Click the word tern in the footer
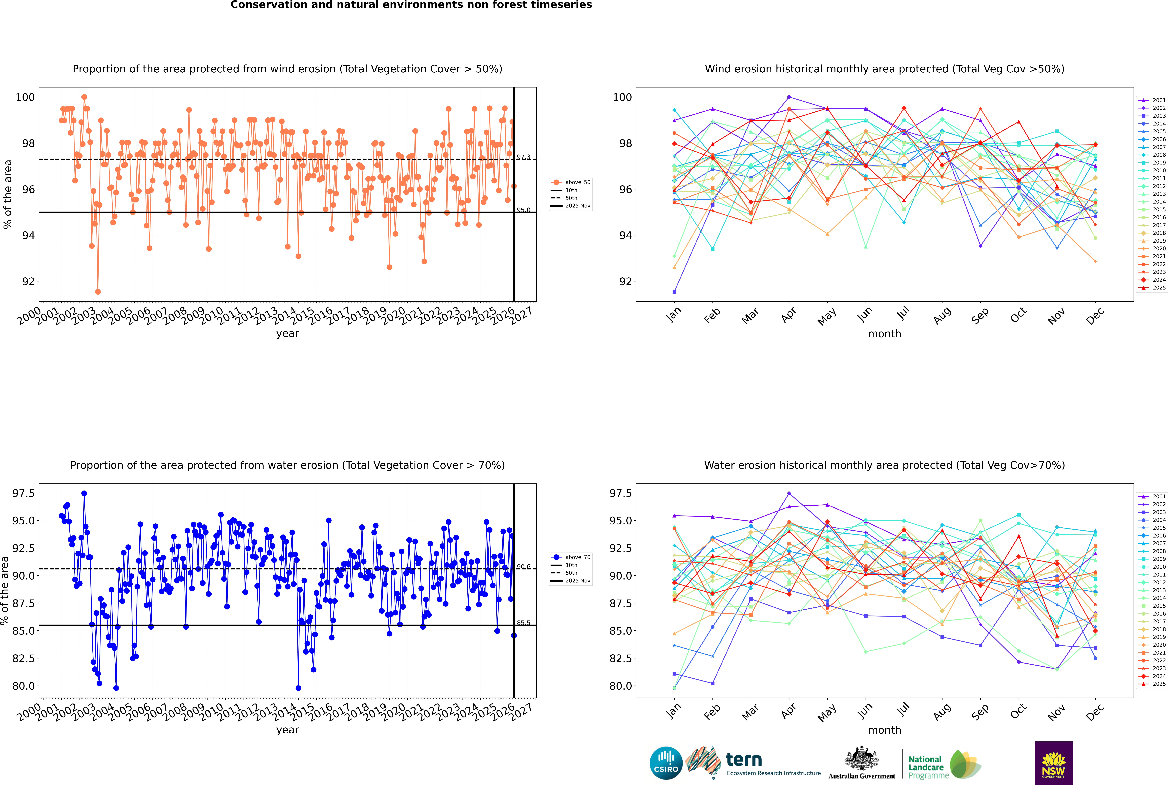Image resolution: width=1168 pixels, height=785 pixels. [x=744, y=760]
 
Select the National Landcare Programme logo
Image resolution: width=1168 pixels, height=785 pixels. [x=944, y=764]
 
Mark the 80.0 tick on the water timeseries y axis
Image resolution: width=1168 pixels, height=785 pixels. [x=23, y=686]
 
